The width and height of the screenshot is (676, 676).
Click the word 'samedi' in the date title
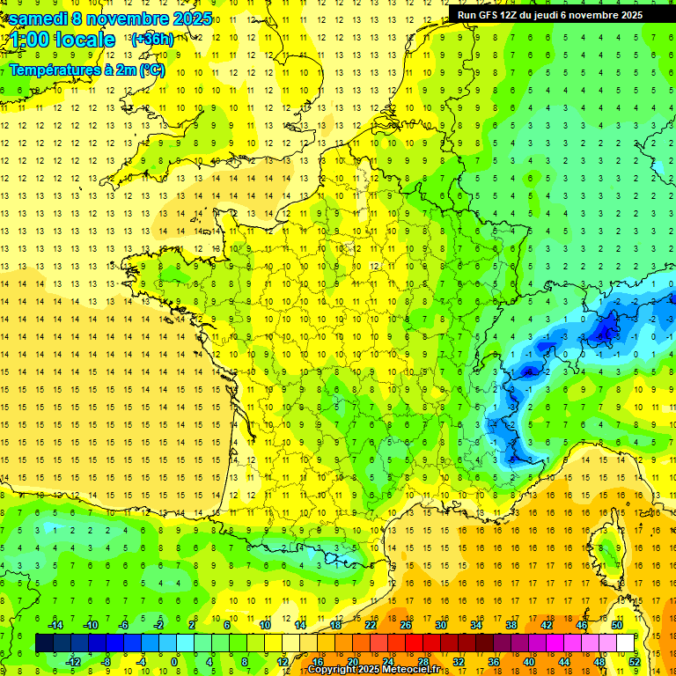pyautogui.click(x=40, y=18)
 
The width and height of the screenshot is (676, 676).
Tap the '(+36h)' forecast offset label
pyautogui.click(x=151, y=39)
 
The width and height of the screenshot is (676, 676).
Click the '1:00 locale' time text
pyautogui.click(x=62, y=40)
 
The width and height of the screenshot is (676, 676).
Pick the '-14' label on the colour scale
pyautogui.click(x=55, y=624)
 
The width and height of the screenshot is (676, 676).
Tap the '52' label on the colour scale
pyautogui.click(x=634, y=661)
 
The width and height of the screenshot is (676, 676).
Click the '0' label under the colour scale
pyautogui.click(x=174, y=661)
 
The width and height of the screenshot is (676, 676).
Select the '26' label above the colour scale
pyautogui.click(x=406, y=624)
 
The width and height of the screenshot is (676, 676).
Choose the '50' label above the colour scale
pyautogui.click(x=616, y=624)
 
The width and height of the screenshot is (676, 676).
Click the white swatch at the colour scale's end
pyautogui.click(x=625, y=643)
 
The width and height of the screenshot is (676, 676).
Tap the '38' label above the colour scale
pyautogui.click(x=511, y=624)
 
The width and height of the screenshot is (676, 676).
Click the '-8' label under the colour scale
pyautogui.click(x=107, y=661)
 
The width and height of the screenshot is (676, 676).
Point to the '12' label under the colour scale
pyautogui.click(x=282, y=661)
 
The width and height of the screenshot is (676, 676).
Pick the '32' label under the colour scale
pyautogui.click(x=459, y=661)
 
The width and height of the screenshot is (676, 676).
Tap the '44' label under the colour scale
pyautogui.click(x=563, y=661)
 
